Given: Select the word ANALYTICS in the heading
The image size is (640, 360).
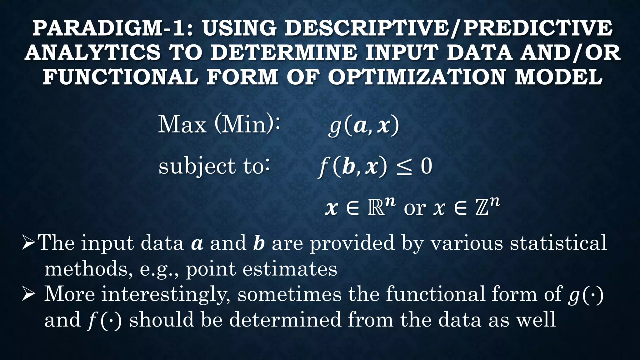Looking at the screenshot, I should coord(92,52).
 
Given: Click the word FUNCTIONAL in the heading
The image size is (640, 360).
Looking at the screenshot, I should coord(120,77).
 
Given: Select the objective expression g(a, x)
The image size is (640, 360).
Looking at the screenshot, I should coord(364,126).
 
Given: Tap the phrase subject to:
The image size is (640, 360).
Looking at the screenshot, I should coord(214,166).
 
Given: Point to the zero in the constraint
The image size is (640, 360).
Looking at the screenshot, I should coord(426,166).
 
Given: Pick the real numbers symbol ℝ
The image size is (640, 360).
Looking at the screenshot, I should coord(376,209).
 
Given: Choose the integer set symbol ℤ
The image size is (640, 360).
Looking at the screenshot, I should coord(482,209).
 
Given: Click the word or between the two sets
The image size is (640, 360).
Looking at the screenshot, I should coord(415,208).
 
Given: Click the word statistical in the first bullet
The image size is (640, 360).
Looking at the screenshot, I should coord(558,243).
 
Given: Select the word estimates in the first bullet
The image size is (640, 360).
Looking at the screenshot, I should coord(290,269).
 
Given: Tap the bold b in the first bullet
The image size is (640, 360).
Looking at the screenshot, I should coord(259,243).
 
